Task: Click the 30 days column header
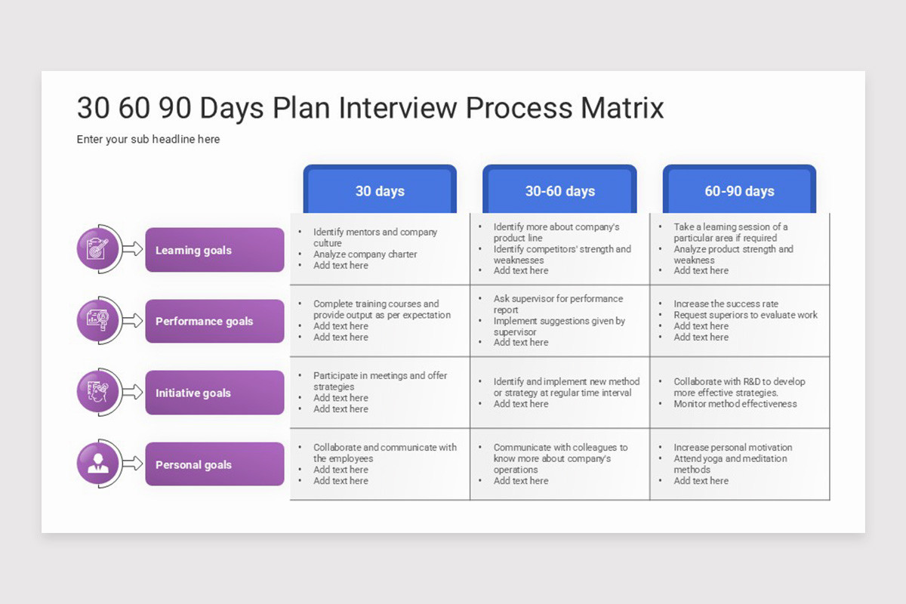coord(380,191)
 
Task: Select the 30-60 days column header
coord(559,191)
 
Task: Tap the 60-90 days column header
coord(739,191)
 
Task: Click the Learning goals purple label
coord(214,250)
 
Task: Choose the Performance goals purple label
coord(214,321)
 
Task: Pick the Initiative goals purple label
coord(214,393)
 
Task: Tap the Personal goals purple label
coord(214,464)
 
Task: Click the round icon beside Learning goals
coord(98,248)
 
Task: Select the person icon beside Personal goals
coord(98,464)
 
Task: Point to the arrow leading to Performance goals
coord(132,321)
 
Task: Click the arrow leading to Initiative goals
coord(132,393)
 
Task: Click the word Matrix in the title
coord(621,108)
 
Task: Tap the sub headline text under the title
coord(148,140)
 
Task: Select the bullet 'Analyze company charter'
coord(365,254)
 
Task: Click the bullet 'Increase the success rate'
coord(726,304)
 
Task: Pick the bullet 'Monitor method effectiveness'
coord(735,404)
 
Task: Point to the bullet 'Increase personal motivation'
coord(732,448)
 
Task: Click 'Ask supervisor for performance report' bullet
coord(557,304)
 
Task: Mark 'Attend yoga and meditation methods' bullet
coord(729,464)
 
